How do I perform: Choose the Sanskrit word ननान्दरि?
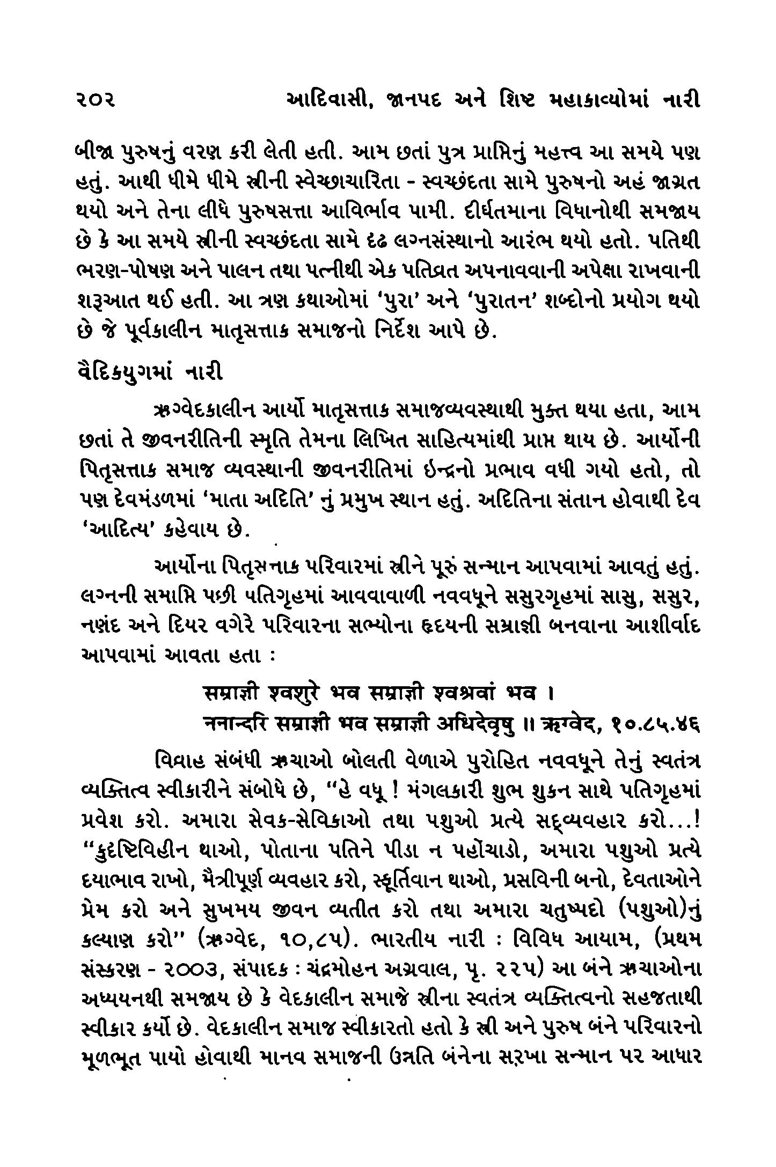pos(234,724)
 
